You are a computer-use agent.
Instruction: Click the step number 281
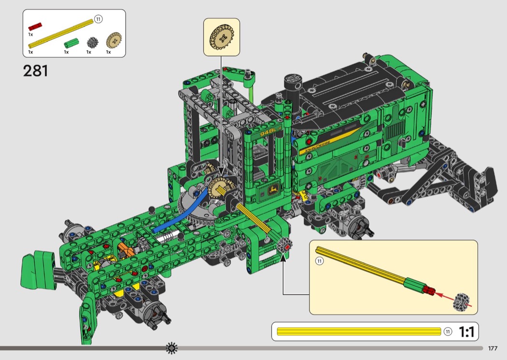pos(36,71)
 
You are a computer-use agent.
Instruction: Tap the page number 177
pos(493,348)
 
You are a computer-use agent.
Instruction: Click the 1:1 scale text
pos(466,332)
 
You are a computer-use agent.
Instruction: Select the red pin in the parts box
pos(35,27)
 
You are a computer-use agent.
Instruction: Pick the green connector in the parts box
pos(71,42)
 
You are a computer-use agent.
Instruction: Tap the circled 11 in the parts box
pos(98,19)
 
